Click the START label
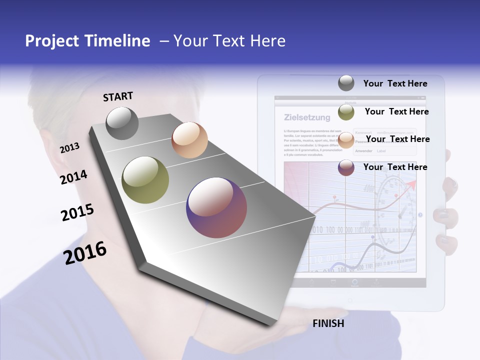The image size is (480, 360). (118, 96)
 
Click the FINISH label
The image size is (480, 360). (328, 323)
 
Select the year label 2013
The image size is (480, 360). (69, 147)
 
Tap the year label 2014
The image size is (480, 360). (73, 177)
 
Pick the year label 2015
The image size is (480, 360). (77, 212)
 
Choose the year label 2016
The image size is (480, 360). (85, 252)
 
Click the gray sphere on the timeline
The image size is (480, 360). (122, 123)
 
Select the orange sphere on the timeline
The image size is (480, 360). (189, 140)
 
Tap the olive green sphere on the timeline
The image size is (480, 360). (145, 180)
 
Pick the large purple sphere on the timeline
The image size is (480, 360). (216, 207)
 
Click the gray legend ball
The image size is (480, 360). (346, 83)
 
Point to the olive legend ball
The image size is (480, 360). (346, 112)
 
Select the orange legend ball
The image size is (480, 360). (346, 139)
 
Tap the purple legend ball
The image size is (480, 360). (346, 167)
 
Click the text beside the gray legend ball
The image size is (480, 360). (395, 83)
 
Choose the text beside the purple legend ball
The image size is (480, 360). (395, 167)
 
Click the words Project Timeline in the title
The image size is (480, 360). (87, 41)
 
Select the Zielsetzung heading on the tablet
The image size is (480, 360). (307, 118)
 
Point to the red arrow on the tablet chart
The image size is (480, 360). (411, 185)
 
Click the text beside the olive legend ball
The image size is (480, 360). (396, 111)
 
